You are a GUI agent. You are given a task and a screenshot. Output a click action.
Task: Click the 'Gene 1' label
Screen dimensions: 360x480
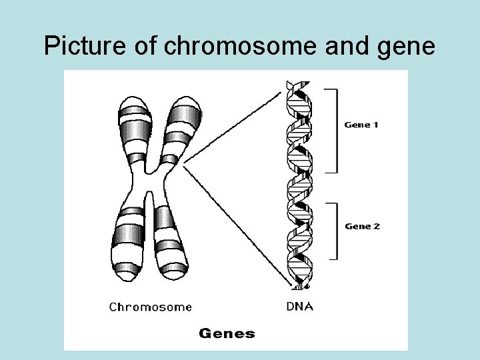click(361, 125)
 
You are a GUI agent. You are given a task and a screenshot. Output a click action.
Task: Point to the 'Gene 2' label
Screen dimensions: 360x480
click(362, 226)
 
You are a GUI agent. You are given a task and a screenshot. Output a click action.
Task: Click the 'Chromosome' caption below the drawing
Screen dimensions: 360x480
click(150, 307)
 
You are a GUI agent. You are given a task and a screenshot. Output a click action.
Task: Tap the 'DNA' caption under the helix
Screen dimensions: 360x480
click(299, 307)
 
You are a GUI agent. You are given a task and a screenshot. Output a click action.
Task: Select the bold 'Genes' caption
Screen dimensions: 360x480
click(227, 333)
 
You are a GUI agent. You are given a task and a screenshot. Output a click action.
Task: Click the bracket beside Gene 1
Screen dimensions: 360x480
click(335, 130)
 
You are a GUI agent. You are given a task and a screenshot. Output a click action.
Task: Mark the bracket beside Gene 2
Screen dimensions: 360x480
click(335, 230)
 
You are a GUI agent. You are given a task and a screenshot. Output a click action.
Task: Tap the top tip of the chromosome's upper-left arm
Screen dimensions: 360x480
click(132, 97)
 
